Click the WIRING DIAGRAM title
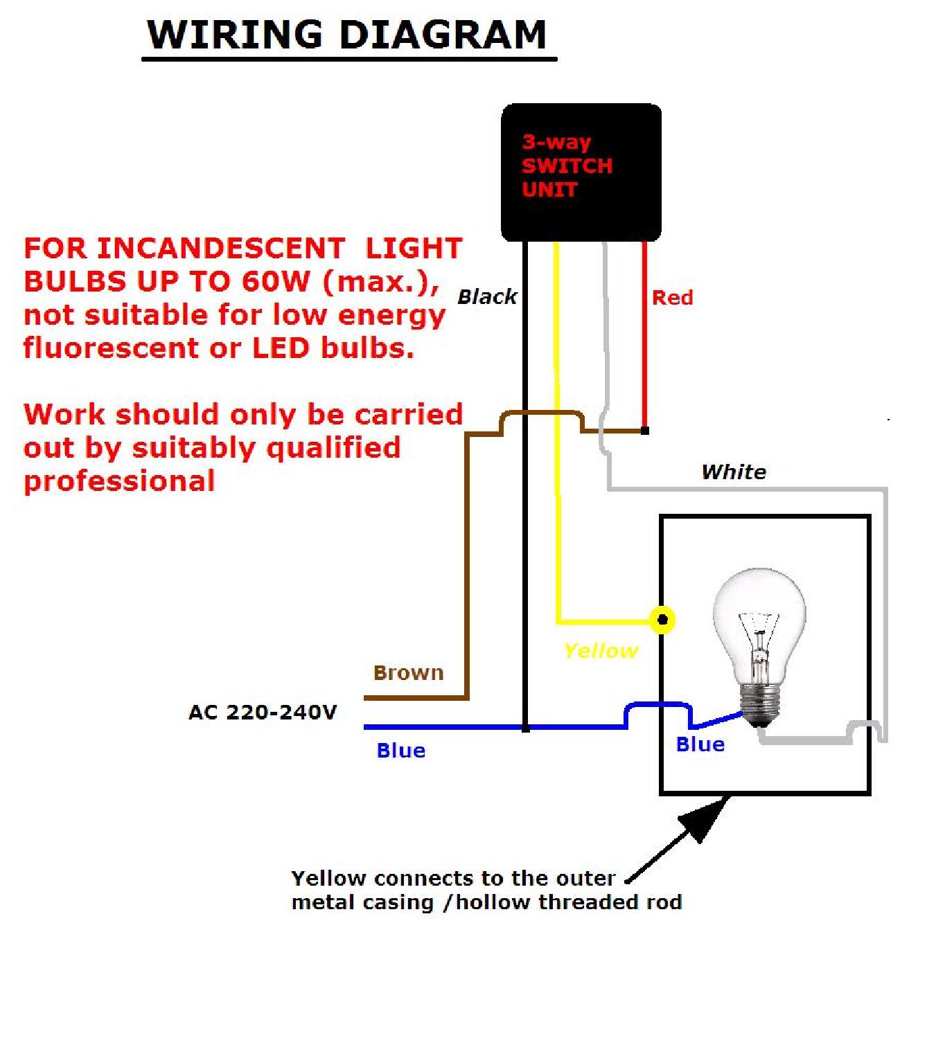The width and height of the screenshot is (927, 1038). tap(347, 35)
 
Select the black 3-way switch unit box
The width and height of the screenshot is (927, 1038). tap(581, 172)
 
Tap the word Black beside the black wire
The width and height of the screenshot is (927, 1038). tap(487, 297)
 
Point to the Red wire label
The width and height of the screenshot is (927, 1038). tap(672, 298)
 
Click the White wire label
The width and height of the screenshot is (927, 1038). tap(734, 472)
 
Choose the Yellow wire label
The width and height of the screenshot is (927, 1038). tap(601, 651)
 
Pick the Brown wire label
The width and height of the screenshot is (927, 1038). tap(408, 672)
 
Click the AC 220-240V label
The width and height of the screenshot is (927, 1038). tap(263, 712)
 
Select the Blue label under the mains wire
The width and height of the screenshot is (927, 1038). tap(400, 751)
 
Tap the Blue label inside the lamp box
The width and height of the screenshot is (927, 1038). tap(700, 744)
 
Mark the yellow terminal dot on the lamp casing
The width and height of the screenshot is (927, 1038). tap(662, 620)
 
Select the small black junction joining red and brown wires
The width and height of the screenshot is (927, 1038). tap(645, 431)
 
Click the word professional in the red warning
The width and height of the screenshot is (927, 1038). tap(119, 481)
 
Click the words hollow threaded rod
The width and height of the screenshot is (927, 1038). tap(569, 902)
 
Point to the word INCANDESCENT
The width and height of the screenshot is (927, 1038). tap(220, 248)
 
